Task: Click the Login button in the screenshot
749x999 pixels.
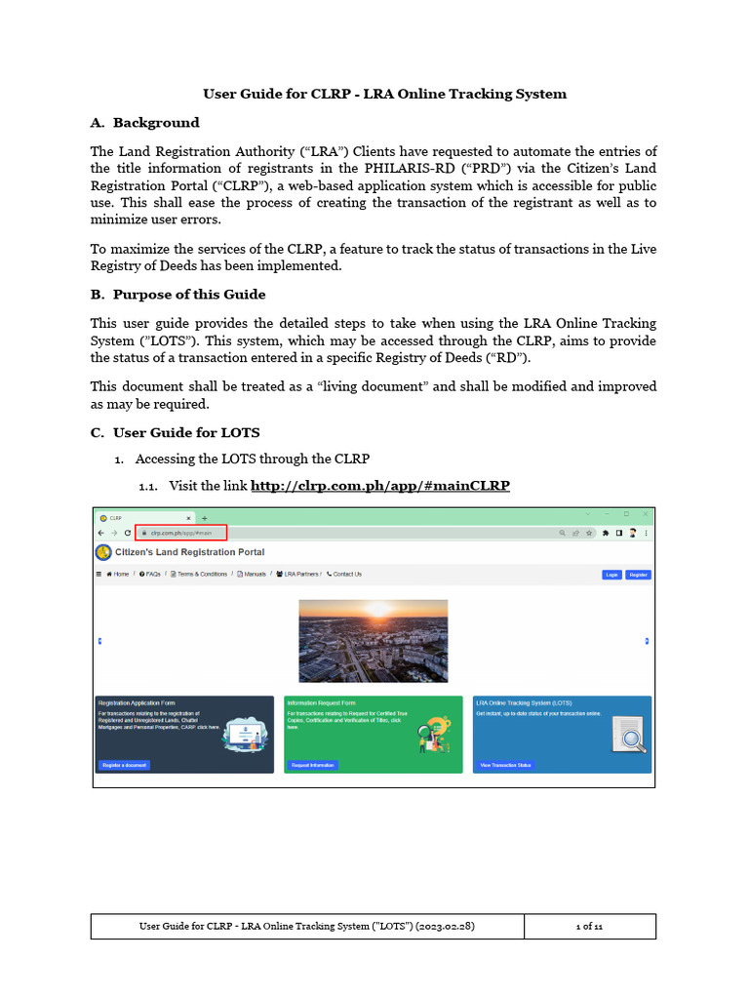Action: click(611, 575)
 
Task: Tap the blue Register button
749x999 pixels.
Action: click(638, 575)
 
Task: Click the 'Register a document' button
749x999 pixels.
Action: click(124, 765)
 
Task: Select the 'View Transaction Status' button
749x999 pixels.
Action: click(505, 765)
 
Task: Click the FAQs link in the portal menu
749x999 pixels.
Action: click(150, 574)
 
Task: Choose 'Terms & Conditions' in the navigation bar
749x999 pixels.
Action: click(199, 574)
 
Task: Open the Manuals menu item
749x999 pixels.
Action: click(252, 574)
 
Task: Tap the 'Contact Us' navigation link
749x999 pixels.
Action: click(344, 574)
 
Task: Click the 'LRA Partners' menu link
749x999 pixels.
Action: click(299, 574)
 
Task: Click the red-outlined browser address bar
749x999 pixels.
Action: click(180, 533)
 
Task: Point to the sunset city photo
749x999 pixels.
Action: click(373, 640)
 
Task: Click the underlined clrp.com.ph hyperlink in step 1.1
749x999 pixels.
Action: click(380, 485)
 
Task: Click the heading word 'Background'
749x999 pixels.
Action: click(156, 123)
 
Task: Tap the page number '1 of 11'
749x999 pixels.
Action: click(589, 926)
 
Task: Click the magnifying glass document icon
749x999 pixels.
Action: click(628, 734)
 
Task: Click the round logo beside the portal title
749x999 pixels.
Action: click(103, 552)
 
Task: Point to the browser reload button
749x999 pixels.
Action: click(127, 534)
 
